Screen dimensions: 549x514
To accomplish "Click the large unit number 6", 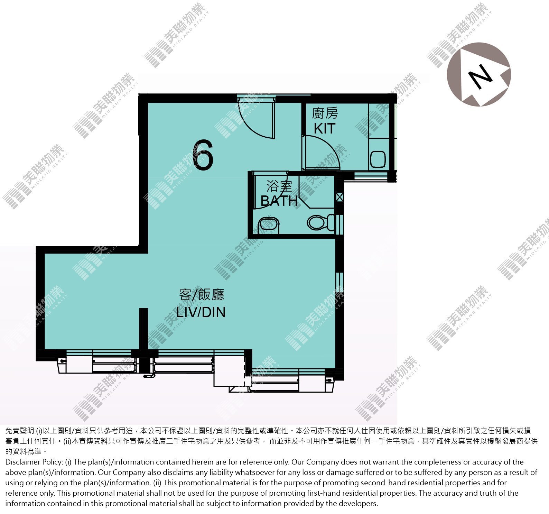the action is pyautogui.click(x=204, y=155).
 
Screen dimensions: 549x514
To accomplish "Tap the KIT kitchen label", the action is pyautogui.click(x=325, y=129).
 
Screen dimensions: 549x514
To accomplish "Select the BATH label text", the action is pyautogui.click(x=279, y=201).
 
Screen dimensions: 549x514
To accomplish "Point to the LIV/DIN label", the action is pyautogui.click(x=201, y=312).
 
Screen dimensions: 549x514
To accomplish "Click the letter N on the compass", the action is pyautogui.click(x=480, y=76).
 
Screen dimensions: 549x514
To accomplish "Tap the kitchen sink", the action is pyautogui.click(x=378, y=159).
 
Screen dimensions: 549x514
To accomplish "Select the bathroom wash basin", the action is pyautogui.click(x=268, y=224).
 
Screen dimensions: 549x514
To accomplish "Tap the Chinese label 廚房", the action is pyautogui.click(x=325, y=113).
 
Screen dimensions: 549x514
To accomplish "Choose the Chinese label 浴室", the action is pyautogui.click(x=279, y=187).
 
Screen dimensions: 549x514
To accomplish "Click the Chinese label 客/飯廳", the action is pyautogui.click(x=202, y=295).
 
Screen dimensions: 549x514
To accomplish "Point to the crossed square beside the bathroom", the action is pyautogui.click(x=339, y=198).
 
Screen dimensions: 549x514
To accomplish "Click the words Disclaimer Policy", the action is pyautogui.click(x=34, y=462).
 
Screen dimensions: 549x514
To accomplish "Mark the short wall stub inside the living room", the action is pyautogui.click(x=143, y=329).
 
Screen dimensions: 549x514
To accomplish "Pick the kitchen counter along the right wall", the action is pyautogui.click(x=378, y=136).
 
